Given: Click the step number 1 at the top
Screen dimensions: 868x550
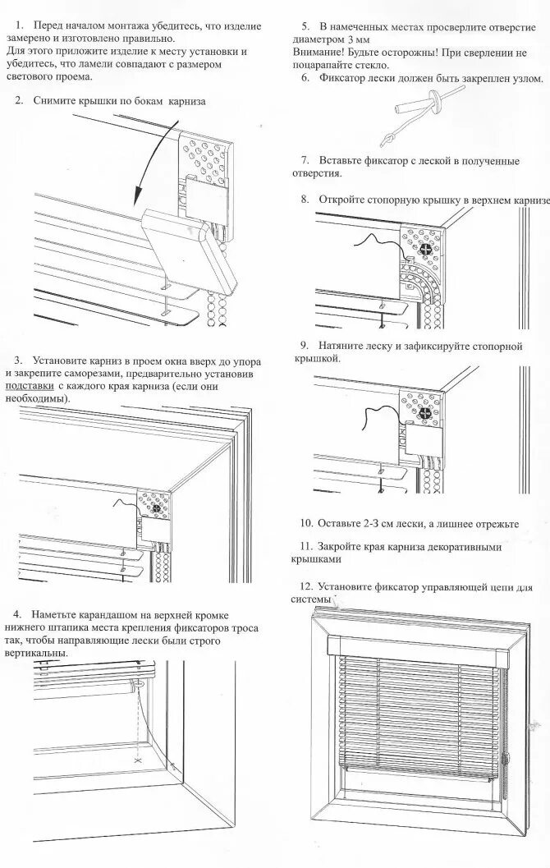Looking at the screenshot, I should [19, 26].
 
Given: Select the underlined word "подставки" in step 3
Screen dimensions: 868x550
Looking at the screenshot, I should [30, 385].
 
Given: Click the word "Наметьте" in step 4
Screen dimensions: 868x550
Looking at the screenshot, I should [56, 614].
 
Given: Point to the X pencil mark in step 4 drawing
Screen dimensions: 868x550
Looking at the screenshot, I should [136, 759].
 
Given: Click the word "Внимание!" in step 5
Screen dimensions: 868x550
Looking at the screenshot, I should [316, 52].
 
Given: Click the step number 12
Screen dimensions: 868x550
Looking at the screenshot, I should [307, 587].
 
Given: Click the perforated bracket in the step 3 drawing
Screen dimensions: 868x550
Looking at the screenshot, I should [153, 507].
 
